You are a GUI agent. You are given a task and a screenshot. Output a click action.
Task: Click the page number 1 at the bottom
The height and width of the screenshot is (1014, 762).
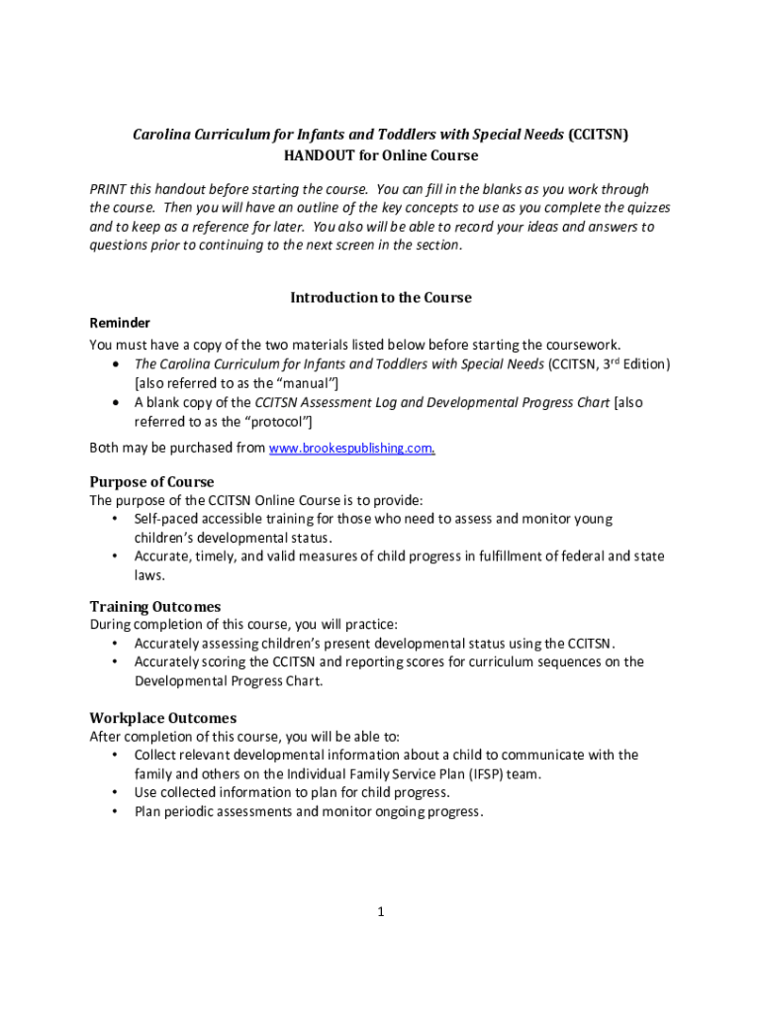point(379,912)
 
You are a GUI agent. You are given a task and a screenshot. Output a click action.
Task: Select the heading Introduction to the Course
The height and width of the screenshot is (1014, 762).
point(380,297)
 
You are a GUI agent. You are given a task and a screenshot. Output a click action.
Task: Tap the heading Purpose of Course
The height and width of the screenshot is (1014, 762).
point(151,482)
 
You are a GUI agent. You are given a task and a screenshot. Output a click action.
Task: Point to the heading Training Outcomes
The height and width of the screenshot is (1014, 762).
point(155,606)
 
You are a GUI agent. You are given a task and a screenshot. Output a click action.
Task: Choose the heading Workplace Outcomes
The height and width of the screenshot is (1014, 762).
point(163,718)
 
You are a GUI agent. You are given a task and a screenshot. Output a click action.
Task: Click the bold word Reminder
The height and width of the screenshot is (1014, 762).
point(120,323)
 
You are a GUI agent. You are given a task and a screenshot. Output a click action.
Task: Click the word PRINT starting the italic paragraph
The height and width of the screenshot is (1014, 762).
point(110,189)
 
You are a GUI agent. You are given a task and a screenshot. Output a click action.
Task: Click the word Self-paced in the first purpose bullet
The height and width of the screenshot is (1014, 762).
point(167,519)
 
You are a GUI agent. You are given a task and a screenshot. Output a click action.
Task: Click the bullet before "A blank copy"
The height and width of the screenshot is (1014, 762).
point(116,403)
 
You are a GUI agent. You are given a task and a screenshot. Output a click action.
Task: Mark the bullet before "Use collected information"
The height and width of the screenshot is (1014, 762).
point(116,792)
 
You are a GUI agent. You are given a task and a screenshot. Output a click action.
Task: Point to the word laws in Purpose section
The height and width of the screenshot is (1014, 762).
point(149,574)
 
